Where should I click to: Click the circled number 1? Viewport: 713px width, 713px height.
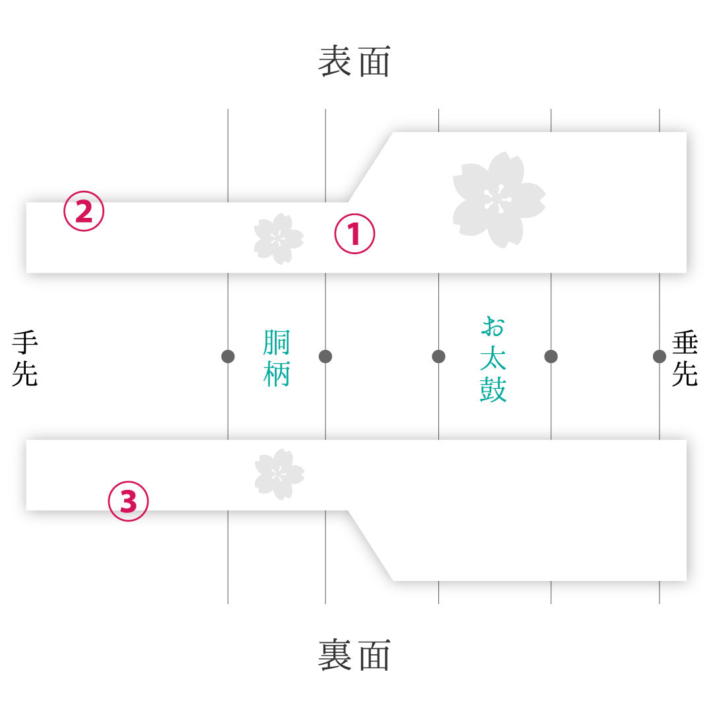point(355,234)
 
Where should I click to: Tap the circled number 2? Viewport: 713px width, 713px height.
point(84,211)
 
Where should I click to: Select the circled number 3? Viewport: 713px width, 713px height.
point(128,501)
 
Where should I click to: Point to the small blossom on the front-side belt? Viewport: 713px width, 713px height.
point(279,239)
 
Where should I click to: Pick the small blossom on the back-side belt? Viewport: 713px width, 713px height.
point(279,474)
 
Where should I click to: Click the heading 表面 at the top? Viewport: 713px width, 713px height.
point(355,61)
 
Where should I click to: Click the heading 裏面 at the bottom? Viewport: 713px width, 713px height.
point(355,655)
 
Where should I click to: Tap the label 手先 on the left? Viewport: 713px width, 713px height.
point(25,358)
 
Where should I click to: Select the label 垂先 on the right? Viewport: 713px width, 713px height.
point(685,358)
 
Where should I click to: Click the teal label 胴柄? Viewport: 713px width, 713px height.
point(277,358)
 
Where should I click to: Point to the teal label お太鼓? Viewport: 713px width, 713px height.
point(493,359)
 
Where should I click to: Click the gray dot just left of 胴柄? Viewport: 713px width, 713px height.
point(228,356)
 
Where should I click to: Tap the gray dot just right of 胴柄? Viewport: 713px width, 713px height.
point(325,356)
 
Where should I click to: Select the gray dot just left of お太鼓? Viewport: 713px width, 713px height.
point(438,356)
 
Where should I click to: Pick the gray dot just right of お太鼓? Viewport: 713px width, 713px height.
point(551,356)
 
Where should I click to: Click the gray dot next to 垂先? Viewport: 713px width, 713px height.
point(660,356)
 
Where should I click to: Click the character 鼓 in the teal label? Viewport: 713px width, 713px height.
point(493,390)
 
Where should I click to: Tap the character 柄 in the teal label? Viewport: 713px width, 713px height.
point(277,374)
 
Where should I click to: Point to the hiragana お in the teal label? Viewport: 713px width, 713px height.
point(493,327)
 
